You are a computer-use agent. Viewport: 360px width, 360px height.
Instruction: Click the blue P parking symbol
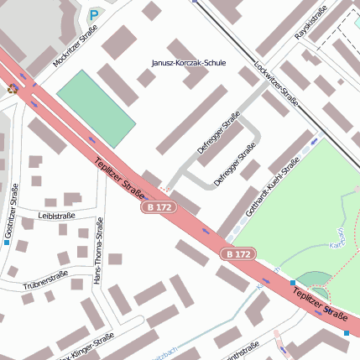tap(94, 15)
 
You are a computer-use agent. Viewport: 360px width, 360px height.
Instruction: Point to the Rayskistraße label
tap(310, 26)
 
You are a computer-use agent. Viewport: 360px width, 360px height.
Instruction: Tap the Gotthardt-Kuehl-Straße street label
tap(273, 188)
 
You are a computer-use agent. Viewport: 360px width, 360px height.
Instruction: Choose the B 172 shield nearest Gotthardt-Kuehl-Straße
tap(238, 253)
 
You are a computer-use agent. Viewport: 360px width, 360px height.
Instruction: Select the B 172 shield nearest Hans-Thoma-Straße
tap(157, 206)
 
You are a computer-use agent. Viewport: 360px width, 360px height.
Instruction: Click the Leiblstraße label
tap(56, 216)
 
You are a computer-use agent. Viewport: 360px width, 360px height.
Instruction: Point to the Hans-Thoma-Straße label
tap(99, 251)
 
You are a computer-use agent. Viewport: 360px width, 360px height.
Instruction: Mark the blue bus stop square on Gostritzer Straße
tap(7, 243)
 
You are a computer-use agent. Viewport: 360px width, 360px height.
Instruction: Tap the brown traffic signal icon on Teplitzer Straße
tap(12, 87)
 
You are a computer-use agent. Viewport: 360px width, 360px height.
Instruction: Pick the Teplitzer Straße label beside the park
tap(320, 305)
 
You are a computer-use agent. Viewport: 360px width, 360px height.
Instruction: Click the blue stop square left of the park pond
tap(292, 283)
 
